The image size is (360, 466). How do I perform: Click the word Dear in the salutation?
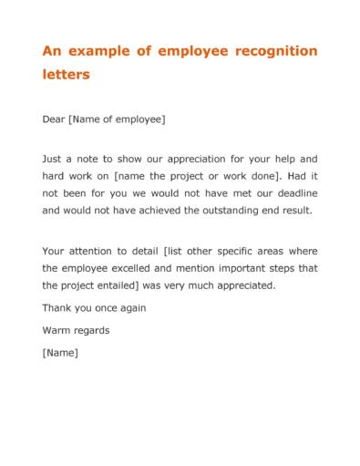click(56, 118)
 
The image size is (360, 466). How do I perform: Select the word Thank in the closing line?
click(58, 307)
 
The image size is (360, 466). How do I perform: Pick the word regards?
click(94, 328)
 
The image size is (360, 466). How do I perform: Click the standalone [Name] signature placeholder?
click(61, 350)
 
